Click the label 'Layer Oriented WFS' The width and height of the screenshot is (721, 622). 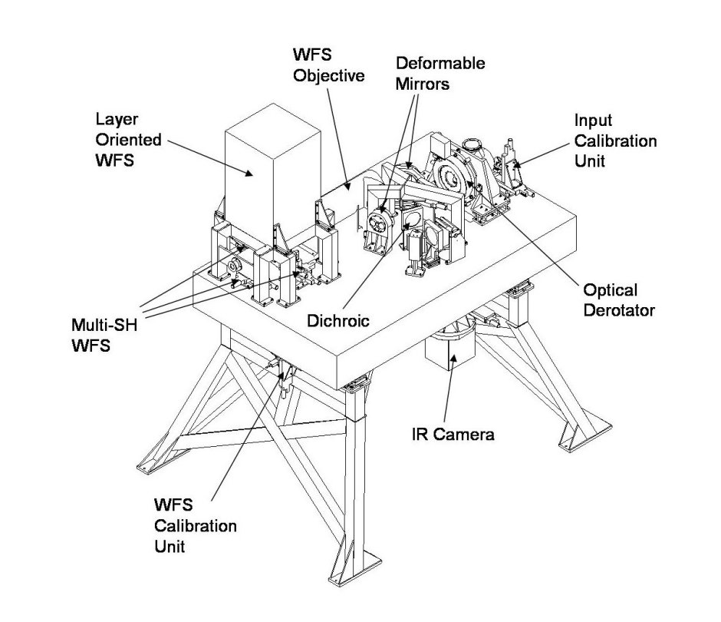(x=128, y=140)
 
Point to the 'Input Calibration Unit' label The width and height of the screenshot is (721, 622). (x=616, y=141)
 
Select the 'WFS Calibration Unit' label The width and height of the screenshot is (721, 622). (x=195, y=525)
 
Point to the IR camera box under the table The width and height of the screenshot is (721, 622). (x=449, y=356)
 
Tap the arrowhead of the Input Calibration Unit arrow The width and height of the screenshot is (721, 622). (x=515, y=165)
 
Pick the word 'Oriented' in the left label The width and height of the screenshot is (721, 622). (x=128, y=140)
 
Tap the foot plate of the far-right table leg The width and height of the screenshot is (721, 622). (x=574, y=442)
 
